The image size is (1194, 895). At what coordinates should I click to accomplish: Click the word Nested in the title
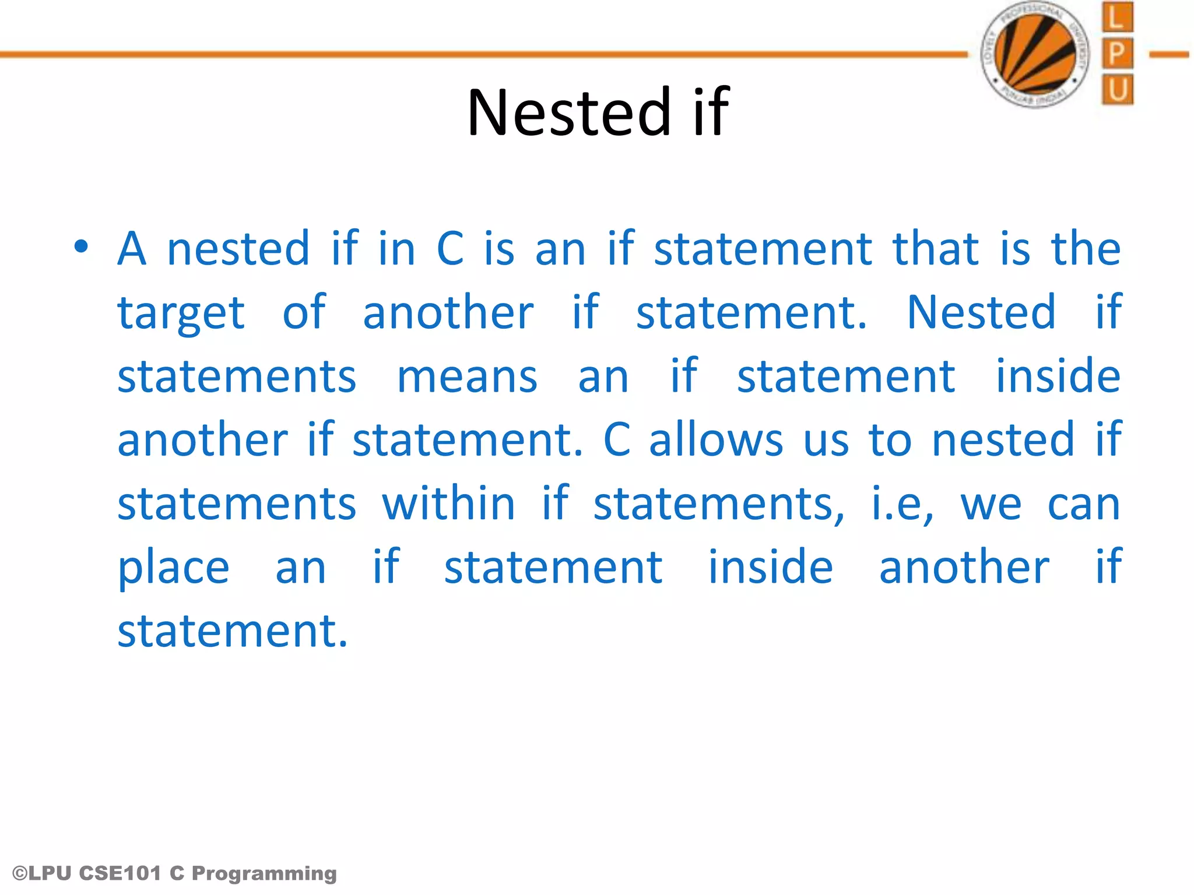click(x=570, y=112)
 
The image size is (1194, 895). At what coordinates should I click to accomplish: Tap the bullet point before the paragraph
click(x=81, y=247)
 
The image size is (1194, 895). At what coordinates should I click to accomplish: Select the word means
click(x=467, y=377)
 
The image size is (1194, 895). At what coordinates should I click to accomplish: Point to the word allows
click(x=716, y=440)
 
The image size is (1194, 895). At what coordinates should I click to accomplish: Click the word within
click(x=448, y=504)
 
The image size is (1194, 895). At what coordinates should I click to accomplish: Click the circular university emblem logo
click(x=1036, y=54)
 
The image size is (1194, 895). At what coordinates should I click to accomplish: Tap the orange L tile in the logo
click(x=1116, y=17)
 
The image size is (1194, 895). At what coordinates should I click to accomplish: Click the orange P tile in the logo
click(x=1116, y=54)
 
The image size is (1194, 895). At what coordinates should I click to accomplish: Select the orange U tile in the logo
click(x=1116, y=90)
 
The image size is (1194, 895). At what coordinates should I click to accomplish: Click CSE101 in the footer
click(x=120, y=873)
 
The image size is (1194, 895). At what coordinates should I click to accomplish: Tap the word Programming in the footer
click(x=264, y=874)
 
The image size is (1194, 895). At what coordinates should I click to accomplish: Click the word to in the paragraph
click(x=890, y=440)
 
